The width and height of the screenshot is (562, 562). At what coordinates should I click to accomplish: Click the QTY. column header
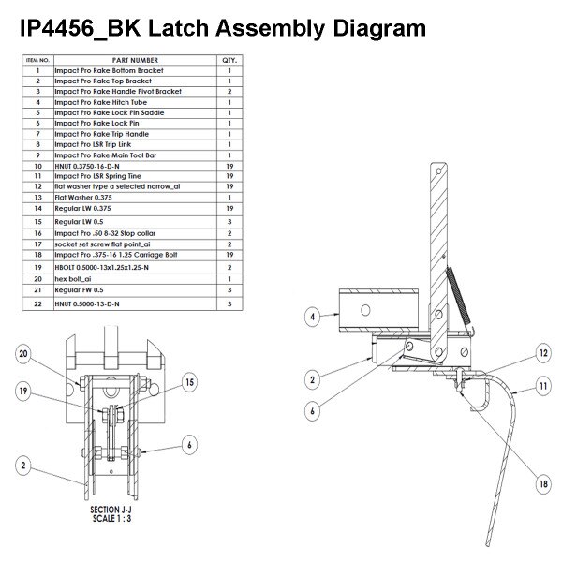[229, 60]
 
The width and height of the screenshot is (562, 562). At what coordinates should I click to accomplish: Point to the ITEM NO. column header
[37, 60]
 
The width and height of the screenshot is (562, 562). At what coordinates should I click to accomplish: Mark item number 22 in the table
[37, 305]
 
